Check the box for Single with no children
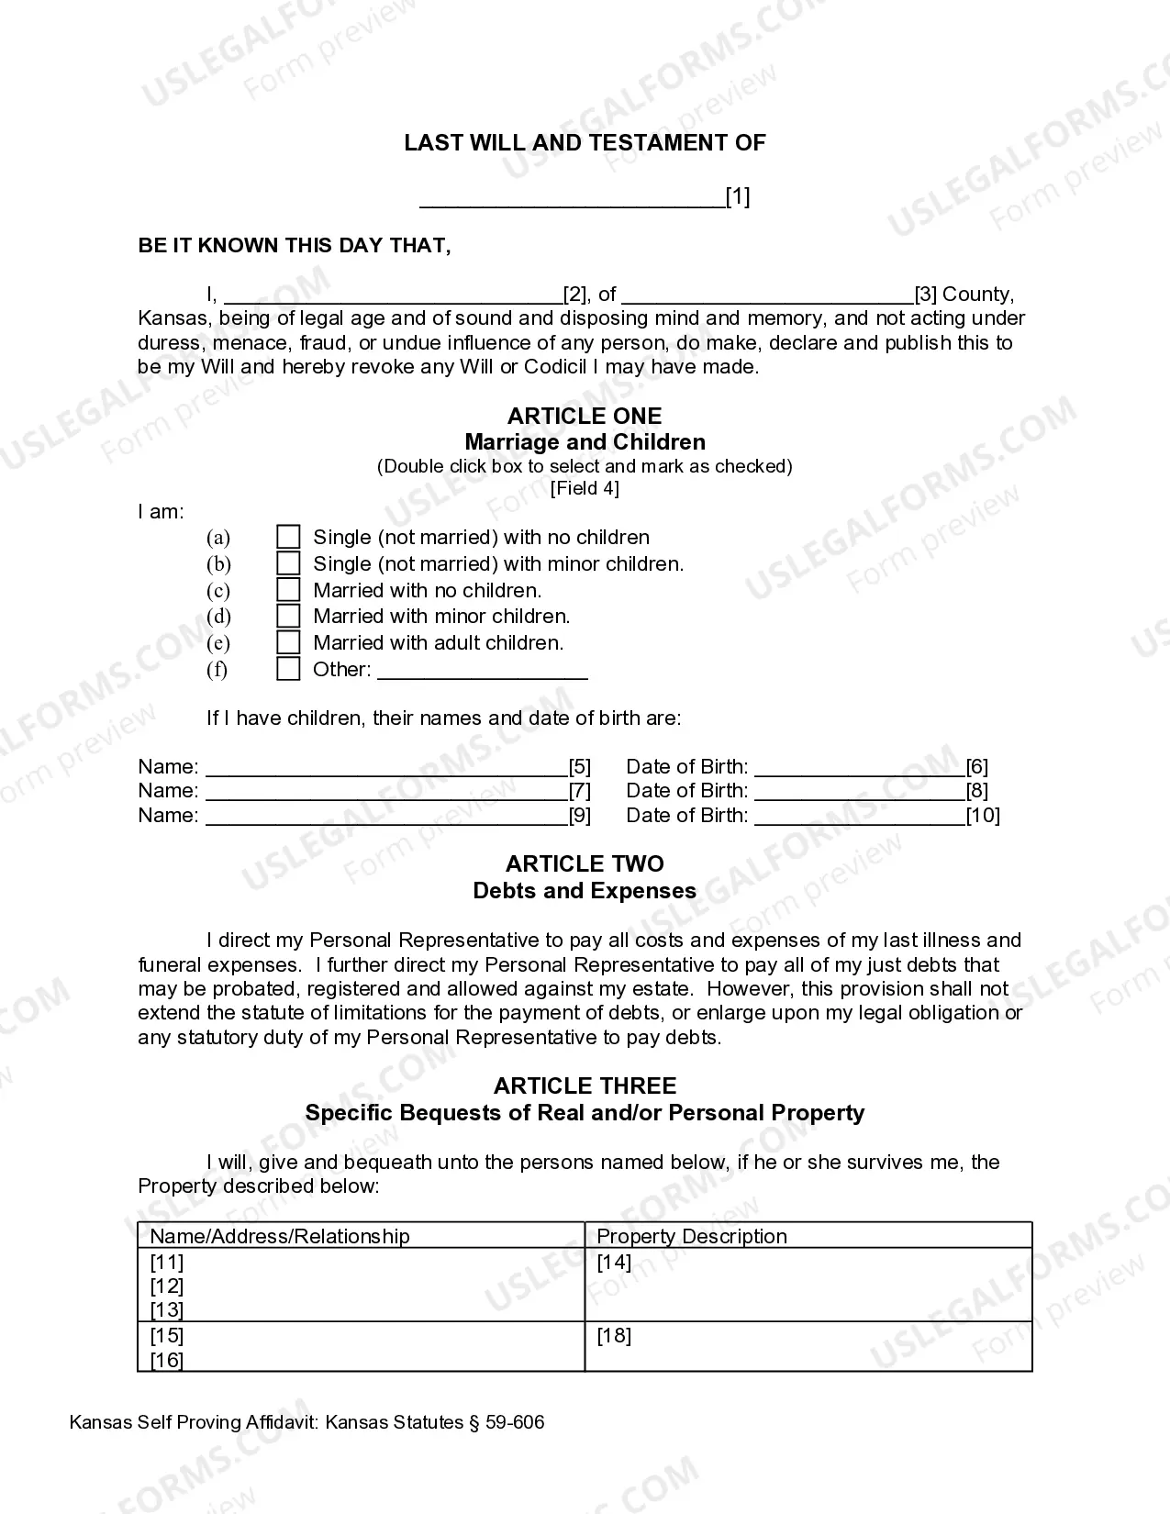click(288, 537)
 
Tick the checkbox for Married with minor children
click(288, 616)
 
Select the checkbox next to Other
click(288, 669)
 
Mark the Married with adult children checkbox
click(288, 642)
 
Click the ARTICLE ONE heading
click(585, 416)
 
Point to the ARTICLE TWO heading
click(585, 863)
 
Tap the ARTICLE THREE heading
click(585, 1085)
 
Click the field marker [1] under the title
click(738, 196)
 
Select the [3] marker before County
click(925, 295)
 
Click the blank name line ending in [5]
click(385, 768)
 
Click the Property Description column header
click(692, 1236)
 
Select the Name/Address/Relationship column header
click(280, 1236)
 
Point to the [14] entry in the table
click(614, 1262)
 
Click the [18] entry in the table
click(614, 1335)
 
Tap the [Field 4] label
click(585, 488)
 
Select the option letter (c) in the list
click(218, 590)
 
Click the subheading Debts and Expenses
click(585, 891)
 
